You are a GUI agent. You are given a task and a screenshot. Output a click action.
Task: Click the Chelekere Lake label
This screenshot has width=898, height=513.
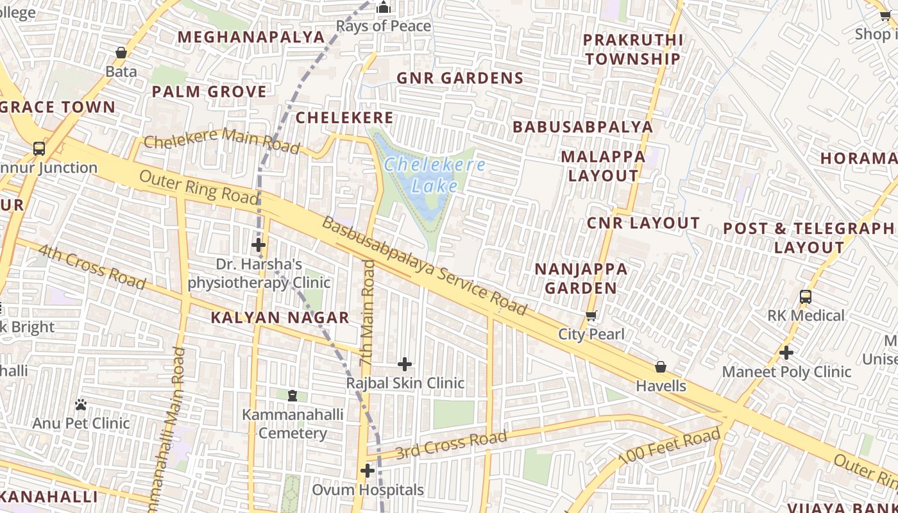point(434,175)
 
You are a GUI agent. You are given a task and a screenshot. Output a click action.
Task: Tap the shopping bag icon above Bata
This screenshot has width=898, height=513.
point(121,53)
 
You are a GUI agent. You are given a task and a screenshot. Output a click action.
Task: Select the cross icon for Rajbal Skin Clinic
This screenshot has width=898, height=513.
point(405,364)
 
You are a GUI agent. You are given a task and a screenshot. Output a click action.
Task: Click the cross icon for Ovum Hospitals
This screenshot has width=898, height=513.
point(368,471)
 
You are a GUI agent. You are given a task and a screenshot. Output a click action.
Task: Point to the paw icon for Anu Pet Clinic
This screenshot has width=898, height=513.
point(81,405)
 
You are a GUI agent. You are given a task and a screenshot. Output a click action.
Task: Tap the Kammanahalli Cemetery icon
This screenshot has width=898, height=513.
point(292,396)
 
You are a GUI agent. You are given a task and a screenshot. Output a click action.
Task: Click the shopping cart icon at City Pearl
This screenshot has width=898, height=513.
point(591,315)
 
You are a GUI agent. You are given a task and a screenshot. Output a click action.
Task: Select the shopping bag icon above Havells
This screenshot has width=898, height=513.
point(661,367)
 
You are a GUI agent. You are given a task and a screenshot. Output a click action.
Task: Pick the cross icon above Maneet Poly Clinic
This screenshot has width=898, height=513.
point(786,352)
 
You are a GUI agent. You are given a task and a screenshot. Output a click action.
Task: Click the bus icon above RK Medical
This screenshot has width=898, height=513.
point(806,297)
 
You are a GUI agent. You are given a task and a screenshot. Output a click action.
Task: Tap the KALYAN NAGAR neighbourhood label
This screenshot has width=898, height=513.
point(280,317)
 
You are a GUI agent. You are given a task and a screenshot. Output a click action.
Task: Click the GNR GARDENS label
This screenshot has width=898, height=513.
point(460,78)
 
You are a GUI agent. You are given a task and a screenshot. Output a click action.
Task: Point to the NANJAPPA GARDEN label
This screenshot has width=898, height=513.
point(580,278)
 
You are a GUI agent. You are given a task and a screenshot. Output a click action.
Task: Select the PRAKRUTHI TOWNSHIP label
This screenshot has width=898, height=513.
point(632,49)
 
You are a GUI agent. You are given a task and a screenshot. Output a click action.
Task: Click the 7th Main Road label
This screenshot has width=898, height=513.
point(367,313)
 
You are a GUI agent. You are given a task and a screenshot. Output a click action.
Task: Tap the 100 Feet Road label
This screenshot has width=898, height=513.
point(670,448)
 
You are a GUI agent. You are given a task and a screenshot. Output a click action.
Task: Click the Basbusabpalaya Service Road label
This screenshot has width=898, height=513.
point(424,265)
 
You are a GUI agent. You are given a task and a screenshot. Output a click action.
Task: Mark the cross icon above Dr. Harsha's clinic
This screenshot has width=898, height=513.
point(258,245)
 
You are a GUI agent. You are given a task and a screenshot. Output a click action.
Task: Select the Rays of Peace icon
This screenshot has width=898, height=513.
point(384,8)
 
